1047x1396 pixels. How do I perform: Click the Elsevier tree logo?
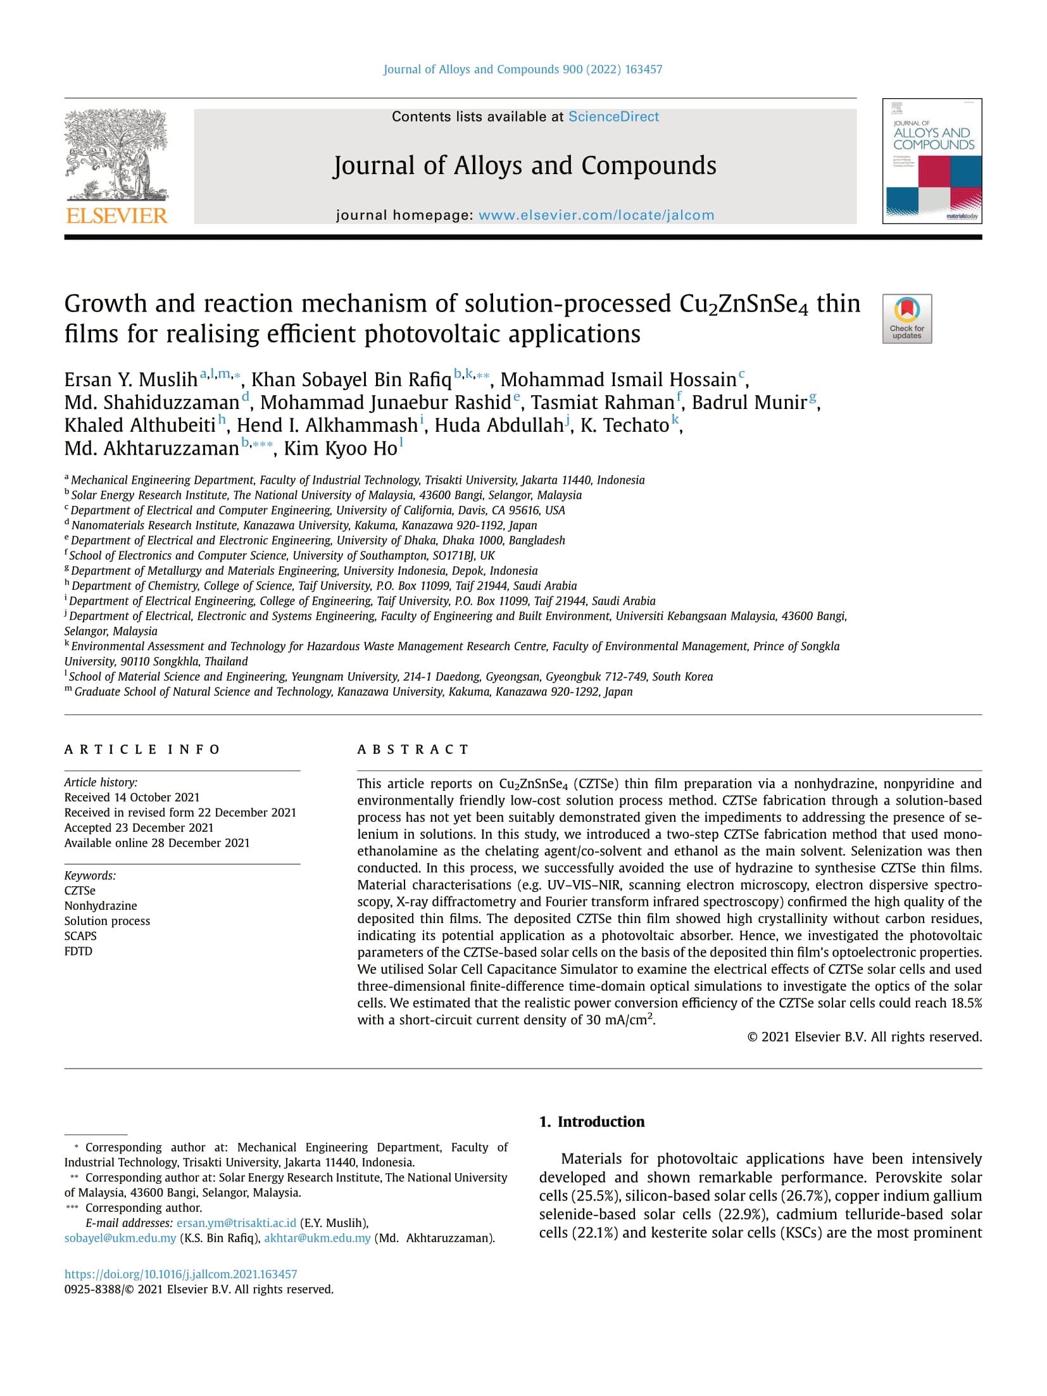116,155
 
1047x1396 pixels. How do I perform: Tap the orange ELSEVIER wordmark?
116,216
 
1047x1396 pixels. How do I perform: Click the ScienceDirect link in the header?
613,116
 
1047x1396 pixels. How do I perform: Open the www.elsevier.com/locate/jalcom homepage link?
596,215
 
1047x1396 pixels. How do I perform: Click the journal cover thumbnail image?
932,161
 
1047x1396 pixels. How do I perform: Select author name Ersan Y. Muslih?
131,380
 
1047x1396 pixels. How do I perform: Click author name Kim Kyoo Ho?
340,448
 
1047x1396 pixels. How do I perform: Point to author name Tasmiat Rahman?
602,403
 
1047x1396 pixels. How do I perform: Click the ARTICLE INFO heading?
142,750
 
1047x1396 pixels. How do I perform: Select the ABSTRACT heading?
413,750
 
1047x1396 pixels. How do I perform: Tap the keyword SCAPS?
80,936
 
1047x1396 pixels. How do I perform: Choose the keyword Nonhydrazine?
101,905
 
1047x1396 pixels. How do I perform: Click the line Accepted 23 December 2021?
139,827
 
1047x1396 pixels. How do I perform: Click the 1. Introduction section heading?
591,1121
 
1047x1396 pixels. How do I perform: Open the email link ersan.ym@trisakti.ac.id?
236,1223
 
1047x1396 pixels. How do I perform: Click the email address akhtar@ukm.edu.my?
317,1238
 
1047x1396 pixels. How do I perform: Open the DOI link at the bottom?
180,1274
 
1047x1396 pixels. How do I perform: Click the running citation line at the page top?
523,70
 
